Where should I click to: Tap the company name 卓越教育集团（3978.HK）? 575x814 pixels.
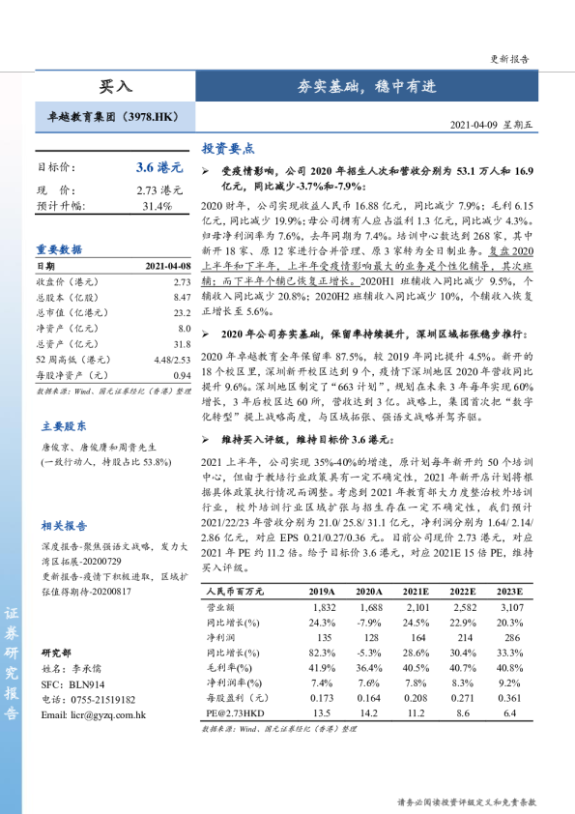(x=114, y=117)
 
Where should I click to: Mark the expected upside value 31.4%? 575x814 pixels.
(x=157, y=206)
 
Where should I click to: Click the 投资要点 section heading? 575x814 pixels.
(x=228, y=149)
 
